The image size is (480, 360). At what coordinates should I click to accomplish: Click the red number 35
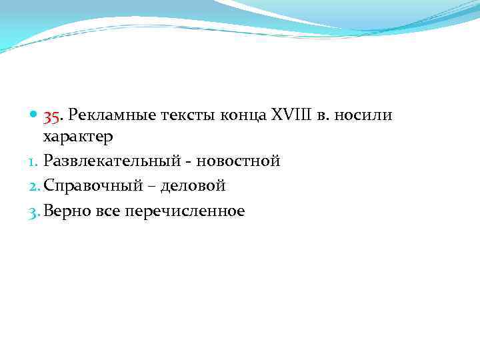pos(53,117)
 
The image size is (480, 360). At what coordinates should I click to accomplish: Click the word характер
pos(78,137)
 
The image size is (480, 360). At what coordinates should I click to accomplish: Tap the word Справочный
pos(91,187)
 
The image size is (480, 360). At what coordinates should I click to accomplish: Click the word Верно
pos(67,212)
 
